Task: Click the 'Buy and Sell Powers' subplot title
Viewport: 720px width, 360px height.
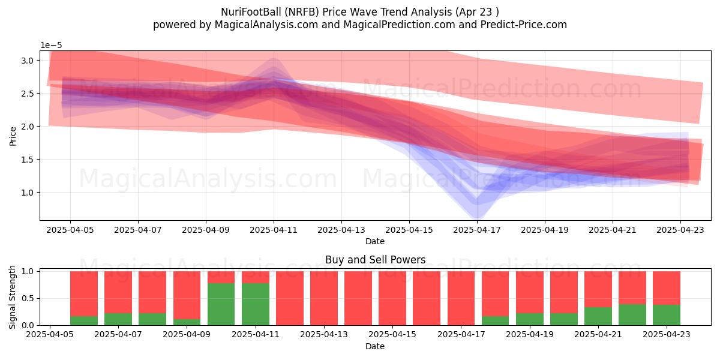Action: coord(375,259)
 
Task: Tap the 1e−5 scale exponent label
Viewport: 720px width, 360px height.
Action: coord(51,46)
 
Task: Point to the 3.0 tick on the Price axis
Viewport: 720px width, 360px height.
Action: coord(28,61)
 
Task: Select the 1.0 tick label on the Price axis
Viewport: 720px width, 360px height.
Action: coord(28,193)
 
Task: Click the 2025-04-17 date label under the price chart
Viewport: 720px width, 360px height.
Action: coord(477,230)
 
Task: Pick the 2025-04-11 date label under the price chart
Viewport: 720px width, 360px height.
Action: coord(274,230)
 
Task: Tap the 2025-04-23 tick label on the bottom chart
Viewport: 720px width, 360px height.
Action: coord(667,334)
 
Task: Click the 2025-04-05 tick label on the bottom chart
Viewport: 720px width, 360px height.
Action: coord(50,334)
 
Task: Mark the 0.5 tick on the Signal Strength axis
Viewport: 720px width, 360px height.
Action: coord(28,298)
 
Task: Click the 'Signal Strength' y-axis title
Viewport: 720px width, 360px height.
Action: coord(12,297)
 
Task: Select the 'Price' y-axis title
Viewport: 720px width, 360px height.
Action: coord(13,136)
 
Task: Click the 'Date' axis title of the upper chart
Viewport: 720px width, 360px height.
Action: coord(375,241)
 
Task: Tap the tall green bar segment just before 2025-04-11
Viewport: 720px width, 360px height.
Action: coord(221,304)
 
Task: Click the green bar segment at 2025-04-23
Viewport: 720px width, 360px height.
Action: coord(667,315)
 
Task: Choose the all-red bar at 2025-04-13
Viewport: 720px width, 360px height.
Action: coord(324,298)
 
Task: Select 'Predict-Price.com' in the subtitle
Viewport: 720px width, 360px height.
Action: coord(524,25)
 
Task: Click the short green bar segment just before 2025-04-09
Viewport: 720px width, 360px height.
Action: coord(187,322)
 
